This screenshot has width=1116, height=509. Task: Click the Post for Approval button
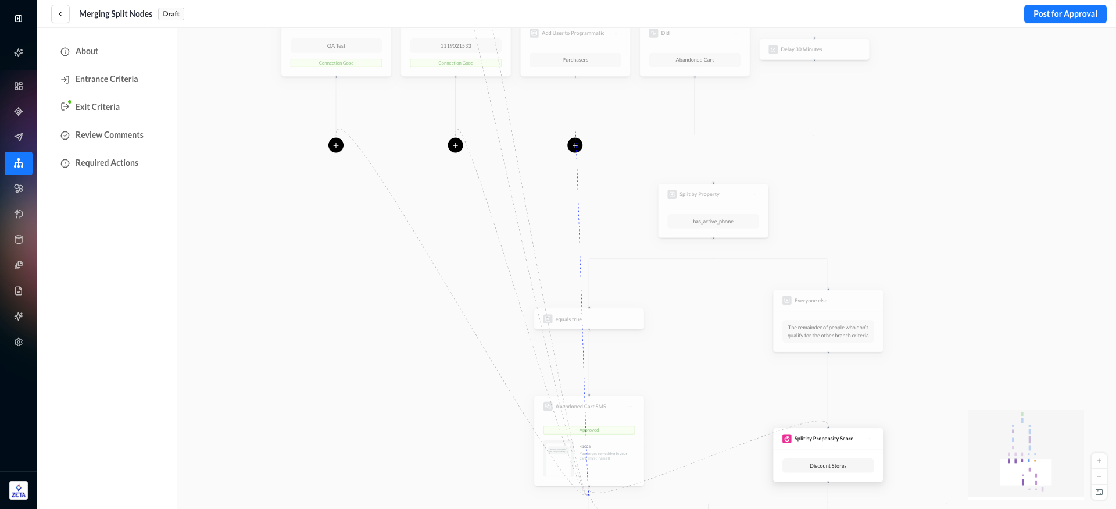[x=1065, y=14]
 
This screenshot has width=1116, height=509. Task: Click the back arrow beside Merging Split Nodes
[x=60, y=14]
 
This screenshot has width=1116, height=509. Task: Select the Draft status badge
[x=171, y=14]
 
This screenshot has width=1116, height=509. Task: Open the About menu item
[x=87, y=51]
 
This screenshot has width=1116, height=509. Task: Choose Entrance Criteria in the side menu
[x=106, y=79]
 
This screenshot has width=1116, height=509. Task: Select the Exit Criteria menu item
[x=97, y=107]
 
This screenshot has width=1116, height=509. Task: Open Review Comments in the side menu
[x=109, y=135]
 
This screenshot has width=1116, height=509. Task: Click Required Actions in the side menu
[x=107, y=163]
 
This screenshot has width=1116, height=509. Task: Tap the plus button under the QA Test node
[x=336, y=145]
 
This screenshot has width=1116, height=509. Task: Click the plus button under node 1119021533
[x=456, y=145]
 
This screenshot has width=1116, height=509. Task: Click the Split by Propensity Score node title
[x=824, y=439]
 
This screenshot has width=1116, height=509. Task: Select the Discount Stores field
[x=828, y=466]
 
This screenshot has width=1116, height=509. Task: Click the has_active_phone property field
[x=713, y=222]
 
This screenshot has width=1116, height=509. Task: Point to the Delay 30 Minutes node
[x=814, y=49]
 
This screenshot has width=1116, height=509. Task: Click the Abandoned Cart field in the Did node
[x=695, y=60]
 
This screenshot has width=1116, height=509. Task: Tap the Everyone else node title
[x=811, y=301]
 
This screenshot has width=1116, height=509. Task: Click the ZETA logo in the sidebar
[x=19, y=490]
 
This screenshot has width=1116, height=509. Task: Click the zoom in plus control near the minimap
[x=1099, y=461]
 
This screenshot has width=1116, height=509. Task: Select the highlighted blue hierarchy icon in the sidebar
[x=19, y=163]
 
